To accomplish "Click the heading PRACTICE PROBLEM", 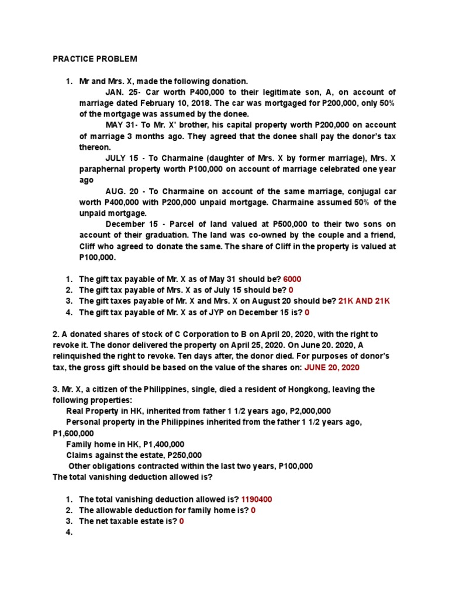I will [95, 59].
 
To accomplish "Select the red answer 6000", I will [292, 279].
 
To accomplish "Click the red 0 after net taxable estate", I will [182, 521].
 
